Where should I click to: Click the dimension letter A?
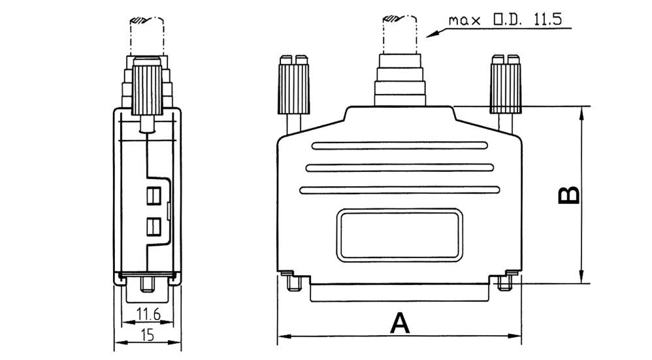pyautogui.click(x=400, y=323)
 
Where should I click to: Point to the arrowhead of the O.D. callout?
pyautogui.click(x=428, y=35)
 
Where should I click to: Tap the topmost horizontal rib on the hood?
pyautogui.click(x=400, y=146)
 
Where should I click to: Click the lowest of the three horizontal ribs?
pyautogui.click(x=400, y=190)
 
